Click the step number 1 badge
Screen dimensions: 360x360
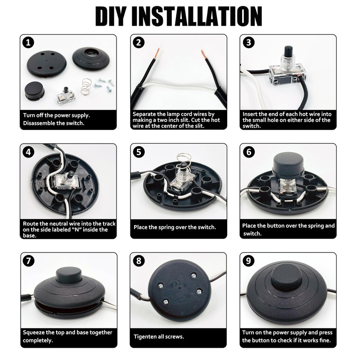(28, 43)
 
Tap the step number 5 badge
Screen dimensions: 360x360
(139, 152)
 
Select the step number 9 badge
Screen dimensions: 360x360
(248, 261)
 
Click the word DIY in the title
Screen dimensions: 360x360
(110, 16)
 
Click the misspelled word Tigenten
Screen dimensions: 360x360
(145, 337)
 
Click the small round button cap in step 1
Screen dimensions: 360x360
(35, 91)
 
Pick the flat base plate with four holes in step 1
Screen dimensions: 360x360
(47, 63)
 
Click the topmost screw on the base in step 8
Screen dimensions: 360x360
(193, 275)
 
